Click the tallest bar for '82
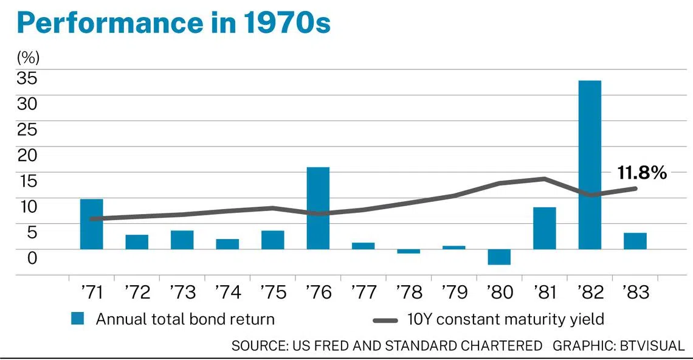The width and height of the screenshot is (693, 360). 590,165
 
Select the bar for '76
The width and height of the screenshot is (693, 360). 318,209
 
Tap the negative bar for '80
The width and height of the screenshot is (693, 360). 499,257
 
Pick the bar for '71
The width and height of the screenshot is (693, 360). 91,224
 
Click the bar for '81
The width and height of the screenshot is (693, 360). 545,228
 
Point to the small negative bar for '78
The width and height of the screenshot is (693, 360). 409,251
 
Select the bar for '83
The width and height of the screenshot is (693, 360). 635,241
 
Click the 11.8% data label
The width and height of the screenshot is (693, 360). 642,173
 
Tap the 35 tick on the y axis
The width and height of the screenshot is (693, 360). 27,78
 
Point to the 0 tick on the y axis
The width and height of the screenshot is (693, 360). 32,257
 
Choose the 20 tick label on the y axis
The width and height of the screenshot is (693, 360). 27,155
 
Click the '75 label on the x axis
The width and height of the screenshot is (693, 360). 273,292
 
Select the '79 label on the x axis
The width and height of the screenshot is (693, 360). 454,292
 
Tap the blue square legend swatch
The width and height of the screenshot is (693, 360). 77,319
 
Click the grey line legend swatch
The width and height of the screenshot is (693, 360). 385,320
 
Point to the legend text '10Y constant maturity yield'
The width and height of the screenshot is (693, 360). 505,319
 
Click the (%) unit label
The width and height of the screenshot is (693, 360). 29,58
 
